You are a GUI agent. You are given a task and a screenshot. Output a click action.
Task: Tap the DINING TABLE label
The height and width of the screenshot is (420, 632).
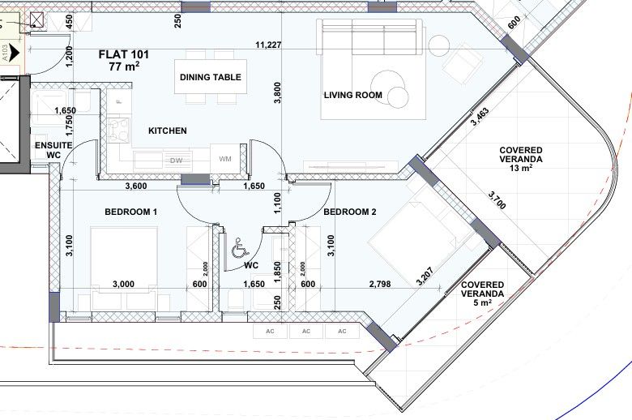211,77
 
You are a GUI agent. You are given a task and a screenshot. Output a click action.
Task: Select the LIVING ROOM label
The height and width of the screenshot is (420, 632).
353,95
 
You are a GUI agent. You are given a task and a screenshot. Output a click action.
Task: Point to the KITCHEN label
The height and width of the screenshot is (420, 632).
168,131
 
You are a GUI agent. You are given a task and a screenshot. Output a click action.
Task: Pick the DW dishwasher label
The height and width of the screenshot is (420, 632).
176,161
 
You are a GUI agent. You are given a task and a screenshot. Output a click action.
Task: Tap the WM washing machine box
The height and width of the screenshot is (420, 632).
225,160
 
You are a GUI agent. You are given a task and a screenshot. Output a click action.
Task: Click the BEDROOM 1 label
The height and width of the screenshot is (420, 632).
130,212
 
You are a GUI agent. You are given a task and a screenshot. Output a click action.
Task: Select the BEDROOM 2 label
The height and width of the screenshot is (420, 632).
350,212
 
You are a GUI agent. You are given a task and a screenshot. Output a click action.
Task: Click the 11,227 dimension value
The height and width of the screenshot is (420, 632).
268,45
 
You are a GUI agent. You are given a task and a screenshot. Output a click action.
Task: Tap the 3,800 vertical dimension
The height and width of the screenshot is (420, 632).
277,92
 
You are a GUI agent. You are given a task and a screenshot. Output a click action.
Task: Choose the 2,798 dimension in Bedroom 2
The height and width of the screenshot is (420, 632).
380,284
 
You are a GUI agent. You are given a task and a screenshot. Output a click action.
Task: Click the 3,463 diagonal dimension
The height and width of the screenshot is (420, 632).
480,117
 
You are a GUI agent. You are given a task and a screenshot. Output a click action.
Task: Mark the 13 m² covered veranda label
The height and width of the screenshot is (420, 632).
521,160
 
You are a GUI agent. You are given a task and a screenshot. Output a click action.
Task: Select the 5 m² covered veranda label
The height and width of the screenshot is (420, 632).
482,294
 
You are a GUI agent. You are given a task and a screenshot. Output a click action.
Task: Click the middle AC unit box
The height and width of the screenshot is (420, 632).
306,332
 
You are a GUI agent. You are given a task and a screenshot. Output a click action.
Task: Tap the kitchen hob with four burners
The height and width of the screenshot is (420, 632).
119,130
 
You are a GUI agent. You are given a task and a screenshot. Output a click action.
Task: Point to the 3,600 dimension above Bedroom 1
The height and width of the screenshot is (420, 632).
136,186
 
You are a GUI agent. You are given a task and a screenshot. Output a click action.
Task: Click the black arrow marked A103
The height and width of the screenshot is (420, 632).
14,53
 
